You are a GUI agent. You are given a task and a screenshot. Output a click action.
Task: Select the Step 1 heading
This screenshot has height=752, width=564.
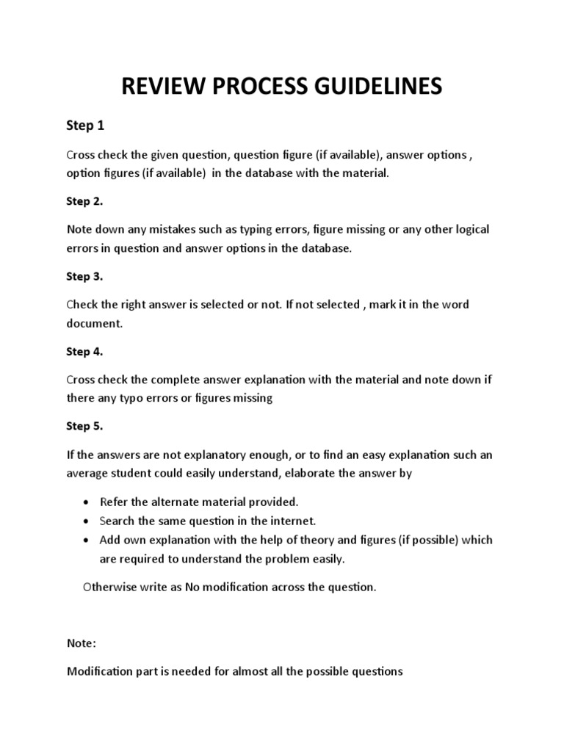[85, 126]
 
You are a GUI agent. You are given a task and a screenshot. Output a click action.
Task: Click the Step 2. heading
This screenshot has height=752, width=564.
[84, 201]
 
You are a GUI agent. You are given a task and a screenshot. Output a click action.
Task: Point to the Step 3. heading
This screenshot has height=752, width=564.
[84, 277]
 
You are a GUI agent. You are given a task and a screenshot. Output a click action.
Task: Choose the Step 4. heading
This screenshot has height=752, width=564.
[84, 352]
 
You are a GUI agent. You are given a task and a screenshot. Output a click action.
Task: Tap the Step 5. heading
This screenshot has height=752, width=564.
[84, 427]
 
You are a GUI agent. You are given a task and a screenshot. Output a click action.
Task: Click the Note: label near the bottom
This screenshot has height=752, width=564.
[81, 643]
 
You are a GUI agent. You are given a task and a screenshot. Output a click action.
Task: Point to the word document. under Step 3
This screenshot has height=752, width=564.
[94, 323]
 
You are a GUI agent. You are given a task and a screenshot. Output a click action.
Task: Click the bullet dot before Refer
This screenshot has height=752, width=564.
[86, 502]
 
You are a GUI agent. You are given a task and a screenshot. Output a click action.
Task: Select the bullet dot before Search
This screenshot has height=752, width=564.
[86, 521]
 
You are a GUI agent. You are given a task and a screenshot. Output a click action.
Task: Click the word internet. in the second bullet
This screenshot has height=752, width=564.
[293, 521]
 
